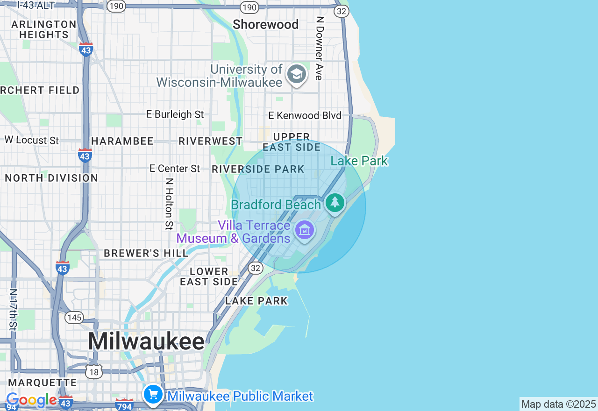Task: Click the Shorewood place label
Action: coord(265,24)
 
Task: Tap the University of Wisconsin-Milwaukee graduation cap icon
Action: coord(296,74)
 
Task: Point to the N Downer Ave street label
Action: coord(320,49)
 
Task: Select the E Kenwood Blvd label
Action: coord(305,115)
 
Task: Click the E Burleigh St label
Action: coord(175,114)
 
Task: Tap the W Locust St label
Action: coord(32,140)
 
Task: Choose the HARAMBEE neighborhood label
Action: coord(122,141)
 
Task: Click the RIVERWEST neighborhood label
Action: coord(211,141)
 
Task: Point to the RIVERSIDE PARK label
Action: coord(258,169)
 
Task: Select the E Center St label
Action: coord(175,169)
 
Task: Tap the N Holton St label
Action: coord(169,204)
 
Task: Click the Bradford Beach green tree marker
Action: coord(335,203)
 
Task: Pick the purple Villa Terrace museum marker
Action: coord(305,230)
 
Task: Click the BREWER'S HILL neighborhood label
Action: coord(146,253)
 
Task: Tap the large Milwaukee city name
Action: coord(146,341)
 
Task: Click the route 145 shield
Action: coord(74,318)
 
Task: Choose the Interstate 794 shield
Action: coord(124,404)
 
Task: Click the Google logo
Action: coord(31,400)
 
